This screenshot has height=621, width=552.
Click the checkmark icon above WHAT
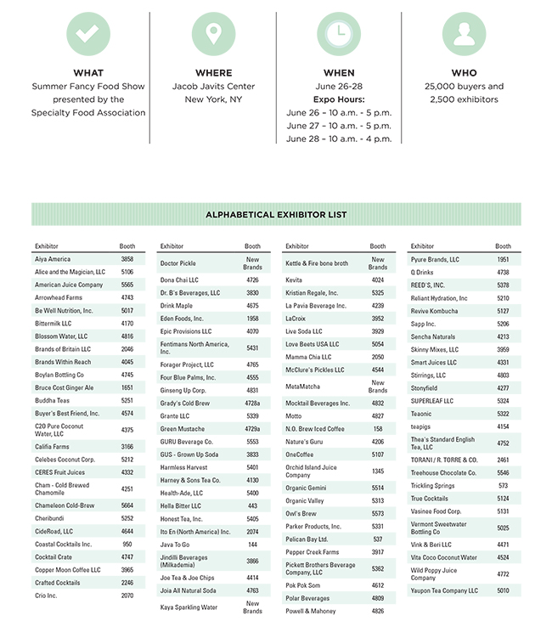coord(88,34)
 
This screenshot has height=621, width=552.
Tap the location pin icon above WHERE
coord(213,34)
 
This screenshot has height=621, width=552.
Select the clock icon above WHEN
coord(339,34)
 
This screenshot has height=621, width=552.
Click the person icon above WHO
coord(464,34)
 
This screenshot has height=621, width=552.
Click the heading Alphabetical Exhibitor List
coord(276,215)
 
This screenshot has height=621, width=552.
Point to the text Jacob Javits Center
coord(213,87)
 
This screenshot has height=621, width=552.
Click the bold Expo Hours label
coord(339,99)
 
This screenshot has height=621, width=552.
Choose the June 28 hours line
coord(339,138)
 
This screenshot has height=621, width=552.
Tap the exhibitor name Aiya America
coord(53,259)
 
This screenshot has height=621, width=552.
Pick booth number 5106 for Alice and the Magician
coord(127,272)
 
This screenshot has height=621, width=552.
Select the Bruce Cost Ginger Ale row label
coord(65,387)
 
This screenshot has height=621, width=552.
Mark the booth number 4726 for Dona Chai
coord(252,279)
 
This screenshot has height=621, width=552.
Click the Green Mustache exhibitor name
coord(183,429)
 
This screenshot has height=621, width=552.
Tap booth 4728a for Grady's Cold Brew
coord(252,404)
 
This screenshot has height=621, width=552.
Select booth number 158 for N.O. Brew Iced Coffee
coord(378,429)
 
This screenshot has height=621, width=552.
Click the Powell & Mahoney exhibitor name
coord(311,611)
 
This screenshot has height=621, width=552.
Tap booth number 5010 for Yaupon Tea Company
coord(504,590)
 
